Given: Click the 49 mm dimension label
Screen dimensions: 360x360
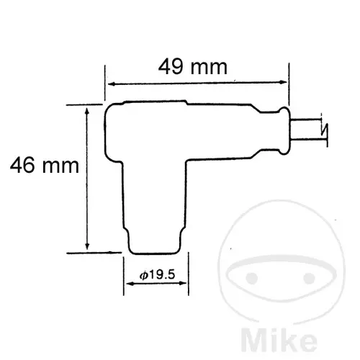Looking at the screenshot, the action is tap(193, 67).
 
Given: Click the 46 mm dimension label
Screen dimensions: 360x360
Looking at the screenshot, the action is tap(45, 165).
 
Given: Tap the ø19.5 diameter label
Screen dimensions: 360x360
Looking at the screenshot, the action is tap(157, 275).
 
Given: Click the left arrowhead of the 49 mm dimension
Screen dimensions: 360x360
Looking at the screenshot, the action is tap(111, 84).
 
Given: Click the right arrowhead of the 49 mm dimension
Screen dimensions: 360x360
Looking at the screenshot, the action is tap(284, 82).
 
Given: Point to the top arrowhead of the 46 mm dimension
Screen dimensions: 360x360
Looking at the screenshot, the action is tap(87, 112).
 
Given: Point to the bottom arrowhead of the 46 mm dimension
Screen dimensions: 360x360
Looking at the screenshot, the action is tap(87, 246).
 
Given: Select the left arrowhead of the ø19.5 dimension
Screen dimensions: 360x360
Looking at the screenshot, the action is tap(130, 284).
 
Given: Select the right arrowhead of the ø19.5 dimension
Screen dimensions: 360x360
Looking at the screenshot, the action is tap(183, 283).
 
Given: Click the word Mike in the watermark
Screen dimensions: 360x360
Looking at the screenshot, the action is tap(279, 339).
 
